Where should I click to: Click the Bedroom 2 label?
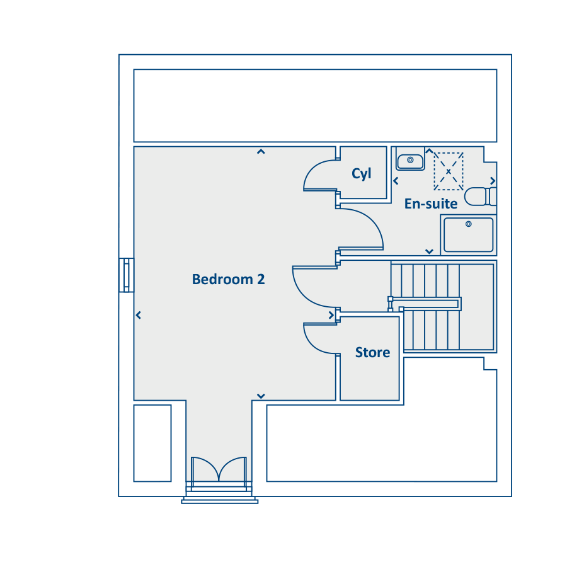click(x=228, y=279)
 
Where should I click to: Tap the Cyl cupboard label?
click(x=361, y=174)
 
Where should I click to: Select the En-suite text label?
click(x=431, y=204)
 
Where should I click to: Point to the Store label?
click(x=372, y=352)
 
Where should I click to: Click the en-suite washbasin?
click(x=410, y=162)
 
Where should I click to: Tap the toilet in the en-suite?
click(x=480, y=197)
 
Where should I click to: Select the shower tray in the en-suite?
click(x=468, y=235)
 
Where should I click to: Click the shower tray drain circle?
click(x=468, y=224)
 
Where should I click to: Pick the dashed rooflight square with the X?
click(x=449, y=171)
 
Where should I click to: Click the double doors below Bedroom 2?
click(x=219, y=469)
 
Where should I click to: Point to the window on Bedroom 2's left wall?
click(x=126, y=275)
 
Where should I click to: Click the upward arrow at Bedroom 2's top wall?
click(x=261, y=151)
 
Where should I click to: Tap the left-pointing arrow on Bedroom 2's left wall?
click(x=138, y=316)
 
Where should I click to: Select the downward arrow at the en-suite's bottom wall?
click(x=429, y=251)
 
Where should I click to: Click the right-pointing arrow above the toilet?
click(x=493, y=180)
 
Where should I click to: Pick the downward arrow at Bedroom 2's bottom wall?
click(x=261, y=396)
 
